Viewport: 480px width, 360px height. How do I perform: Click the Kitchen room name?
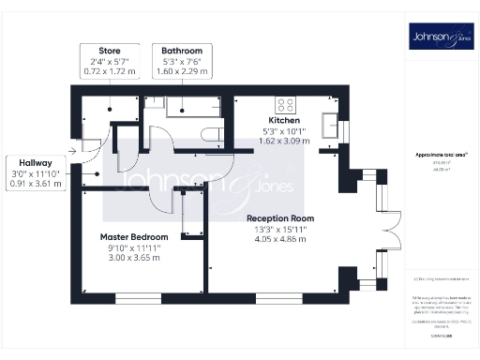pyautogui.click(x=284, y=121)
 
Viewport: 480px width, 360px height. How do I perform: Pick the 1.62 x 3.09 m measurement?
pyautogui.click(x=284, y=142)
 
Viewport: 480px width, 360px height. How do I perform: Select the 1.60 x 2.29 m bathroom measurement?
pyautogui.click(x=182, y=69)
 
